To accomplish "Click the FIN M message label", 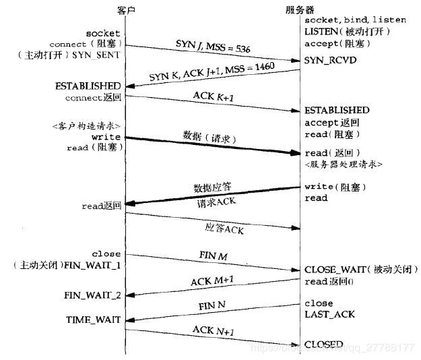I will (214, 257).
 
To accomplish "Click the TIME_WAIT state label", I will (93, 320).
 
